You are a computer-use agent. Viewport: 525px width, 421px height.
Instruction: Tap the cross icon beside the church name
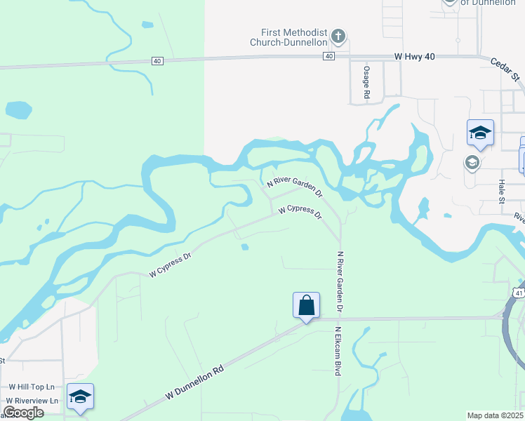point(338,36)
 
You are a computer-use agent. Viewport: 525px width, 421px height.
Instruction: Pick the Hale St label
point(501,191)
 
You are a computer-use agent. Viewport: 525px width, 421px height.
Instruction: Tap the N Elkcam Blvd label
point(338,351)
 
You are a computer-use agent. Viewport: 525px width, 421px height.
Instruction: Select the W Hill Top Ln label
point(32,387)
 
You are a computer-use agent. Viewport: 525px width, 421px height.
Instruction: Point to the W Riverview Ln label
point(32,400)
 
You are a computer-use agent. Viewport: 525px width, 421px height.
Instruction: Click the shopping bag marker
point(306,306)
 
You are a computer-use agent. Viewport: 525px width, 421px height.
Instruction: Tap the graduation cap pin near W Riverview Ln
point(80,397)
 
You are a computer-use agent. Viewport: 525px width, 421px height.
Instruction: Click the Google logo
point(22,413)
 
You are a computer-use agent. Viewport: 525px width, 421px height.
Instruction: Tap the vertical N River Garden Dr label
point(340,281)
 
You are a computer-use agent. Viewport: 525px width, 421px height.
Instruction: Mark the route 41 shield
point(519,291)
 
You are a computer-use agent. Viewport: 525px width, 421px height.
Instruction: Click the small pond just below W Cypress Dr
point(244,246)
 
